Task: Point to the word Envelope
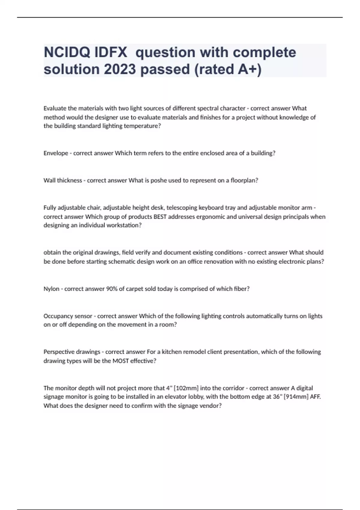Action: click(56, 153)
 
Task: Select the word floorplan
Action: click(244, 181)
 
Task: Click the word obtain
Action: click(51, 253)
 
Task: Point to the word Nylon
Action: click(51, 289)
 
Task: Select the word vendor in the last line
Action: click(211, 406)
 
